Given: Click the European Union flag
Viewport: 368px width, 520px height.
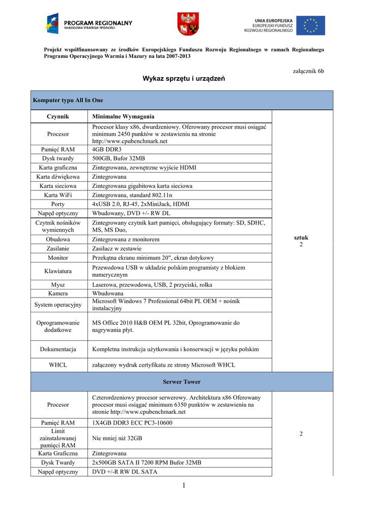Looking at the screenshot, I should tap(311, 25).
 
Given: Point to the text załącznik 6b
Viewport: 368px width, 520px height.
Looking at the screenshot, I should tap(309, 71).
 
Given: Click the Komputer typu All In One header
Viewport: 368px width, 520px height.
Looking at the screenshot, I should tap(68, 101).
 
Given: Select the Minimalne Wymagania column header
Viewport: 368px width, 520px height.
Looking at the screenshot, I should tap(123, 116).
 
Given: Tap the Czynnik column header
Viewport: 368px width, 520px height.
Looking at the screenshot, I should tap(58, 116).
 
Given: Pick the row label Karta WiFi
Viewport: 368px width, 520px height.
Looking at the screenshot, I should tap(58, 195).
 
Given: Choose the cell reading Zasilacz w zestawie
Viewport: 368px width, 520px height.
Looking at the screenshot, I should tap(117, 249).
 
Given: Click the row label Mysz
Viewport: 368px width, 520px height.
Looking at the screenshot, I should tap(58, 285).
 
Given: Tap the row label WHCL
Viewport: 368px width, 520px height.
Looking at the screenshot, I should tap(58, 365).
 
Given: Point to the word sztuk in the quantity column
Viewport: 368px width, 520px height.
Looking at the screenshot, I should tap(301, 238).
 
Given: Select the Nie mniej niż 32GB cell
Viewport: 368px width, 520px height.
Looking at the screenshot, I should tap(117, 438).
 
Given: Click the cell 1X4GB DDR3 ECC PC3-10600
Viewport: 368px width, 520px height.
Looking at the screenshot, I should tap(132, 422).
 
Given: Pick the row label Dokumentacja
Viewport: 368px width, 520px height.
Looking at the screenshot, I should tap(58, 349).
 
